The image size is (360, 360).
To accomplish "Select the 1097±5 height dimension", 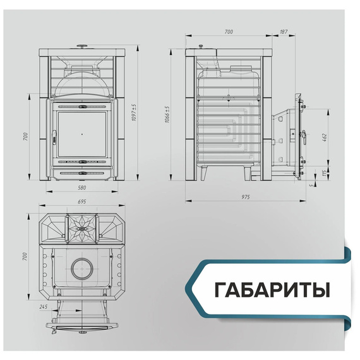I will (133, 112).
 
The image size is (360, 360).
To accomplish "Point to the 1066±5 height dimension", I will (167, 114).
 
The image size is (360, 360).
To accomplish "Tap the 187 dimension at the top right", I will (283, 31).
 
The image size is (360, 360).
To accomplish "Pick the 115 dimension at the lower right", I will (325, 172).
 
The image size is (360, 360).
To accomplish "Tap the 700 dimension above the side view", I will (228, 31).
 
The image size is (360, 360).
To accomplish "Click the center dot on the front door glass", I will (81, 134).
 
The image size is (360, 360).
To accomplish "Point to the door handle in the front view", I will (54, 135).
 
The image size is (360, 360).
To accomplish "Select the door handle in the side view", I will (304, 135).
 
